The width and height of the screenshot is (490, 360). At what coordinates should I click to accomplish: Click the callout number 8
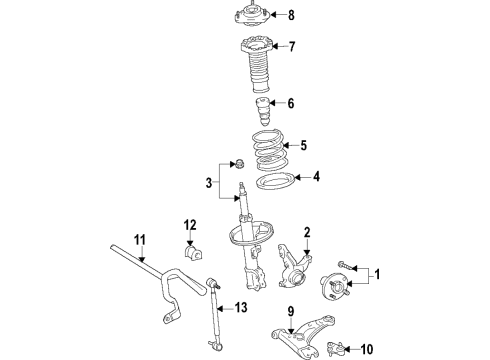pyautogui.click(x=291, y=15)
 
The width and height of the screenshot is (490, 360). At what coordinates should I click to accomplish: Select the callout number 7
pyautogui.click(x=291, y=47)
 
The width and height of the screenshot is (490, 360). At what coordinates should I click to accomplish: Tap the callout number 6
pyautogui.click(x=290, y=103)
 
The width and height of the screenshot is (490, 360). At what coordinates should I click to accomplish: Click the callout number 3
pyautogui.click(x=207, y=182)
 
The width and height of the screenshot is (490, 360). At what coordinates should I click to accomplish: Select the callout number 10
pyautogui.click(x=367, y=349)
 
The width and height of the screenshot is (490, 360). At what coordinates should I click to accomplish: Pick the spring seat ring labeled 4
pyautogui.click(x=272, y=183)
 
